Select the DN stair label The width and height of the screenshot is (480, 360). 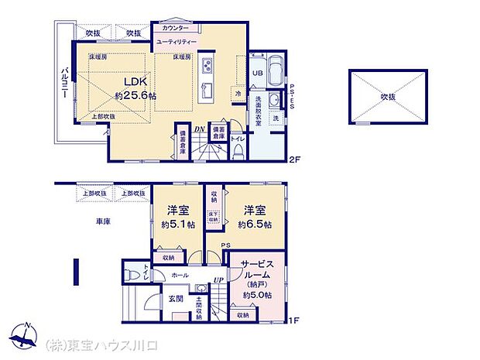199,129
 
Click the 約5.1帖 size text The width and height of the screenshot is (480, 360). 178,225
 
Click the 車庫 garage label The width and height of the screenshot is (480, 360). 102,221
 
